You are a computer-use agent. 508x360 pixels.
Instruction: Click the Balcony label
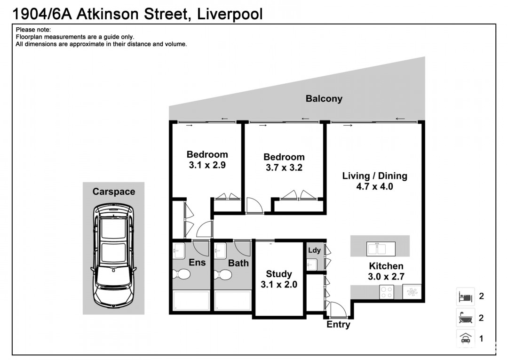tap(324, 98)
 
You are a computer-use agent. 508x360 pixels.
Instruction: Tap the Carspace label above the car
tap(114, 192)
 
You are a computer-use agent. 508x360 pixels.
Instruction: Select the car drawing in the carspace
tap(114, 256)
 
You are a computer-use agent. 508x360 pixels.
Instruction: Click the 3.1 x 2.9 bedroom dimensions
tap(207, 165)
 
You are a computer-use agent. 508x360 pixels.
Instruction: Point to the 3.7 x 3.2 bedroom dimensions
tap(284, 168)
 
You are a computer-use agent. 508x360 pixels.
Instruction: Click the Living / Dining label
tap(375, 176)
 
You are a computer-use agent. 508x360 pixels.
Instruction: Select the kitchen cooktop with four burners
tap(387, 292)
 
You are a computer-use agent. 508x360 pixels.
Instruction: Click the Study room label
tap(279, 274)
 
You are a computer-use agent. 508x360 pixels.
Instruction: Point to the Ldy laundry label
tap(314, 250)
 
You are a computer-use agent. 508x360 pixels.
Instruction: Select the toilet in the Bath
tap(223, 275)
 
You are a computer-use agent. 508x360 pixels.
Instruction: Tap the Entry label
tap(338, 324)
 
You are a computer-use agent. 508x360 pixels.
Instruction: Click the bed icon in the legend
tap(465, 296)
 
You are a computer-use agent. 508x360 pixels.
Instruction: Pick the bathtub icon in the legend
tap(466, 318)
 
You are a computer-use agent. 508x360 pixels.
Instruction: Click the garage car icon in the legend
tap(466, 338)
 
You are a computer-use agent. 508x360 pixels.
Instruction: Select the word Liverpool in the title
tap(230, 14)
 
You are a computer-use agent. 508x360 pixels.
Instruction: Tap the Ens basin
tap(179, 251)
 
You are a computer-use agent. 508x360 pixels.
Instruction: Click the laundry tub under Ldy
tap(312, 265)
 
